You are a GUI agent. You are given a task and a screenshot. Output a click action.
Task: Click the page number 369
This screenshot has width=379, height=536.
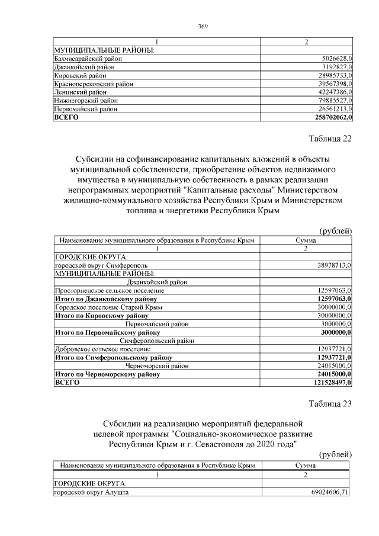point(203,25)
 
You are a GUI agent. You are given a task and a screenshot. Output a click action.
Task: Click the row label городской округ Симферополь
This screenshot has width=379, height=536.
point(97,267)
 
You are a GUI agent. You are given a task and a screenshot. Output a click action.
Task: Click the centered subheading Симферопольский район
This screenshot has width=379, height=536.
point(157,341)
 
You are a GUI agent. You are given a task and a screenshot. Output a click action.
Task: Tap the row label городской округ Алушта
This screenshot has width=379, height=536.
point(91,492)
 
